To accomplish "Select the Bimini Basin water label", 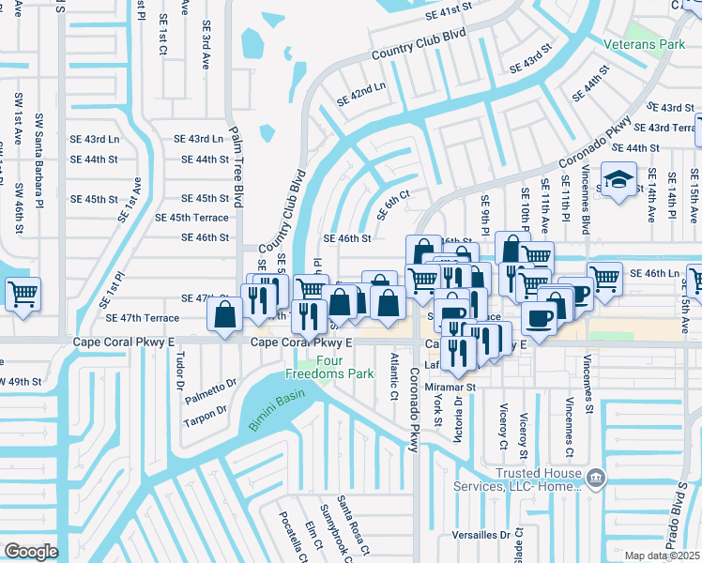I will [x=278, y=411].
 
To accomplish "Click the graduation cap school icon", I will [x=618, y=179].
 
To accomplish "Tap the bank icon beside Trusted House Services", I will [x=595, y=479].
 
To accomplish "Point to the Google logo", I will [x=31, y=551].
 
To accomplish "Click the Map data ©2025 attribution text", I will [x=663, y=555].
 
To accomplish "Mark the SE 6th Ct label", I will [x=393, y=204].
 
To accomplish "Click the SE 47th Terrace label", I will [x=142, y=318].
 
